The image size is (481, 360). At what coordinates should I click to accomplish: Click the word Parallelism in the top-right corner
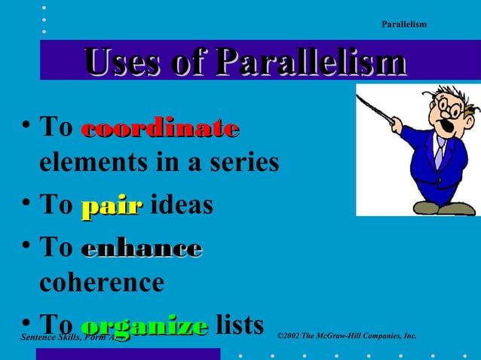[404, 25]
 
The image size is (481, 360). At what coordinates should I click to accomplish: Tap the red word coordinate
[160, 128]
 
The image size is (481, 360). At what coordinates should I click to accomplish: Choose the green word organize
[144, 326]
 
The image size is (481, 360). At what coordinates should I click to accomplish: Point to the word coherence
[101, 282]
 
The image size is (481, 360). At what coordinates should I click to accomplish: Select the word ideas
[182, 205]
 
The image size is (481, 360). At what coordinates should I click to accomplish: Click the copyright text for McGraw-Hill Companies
[347, 335]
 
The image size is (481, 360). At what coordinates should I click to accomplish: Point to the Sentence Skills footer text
[72, 337]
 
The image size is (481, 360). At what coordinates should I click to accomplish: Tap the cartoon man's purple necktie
[439, 154]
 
